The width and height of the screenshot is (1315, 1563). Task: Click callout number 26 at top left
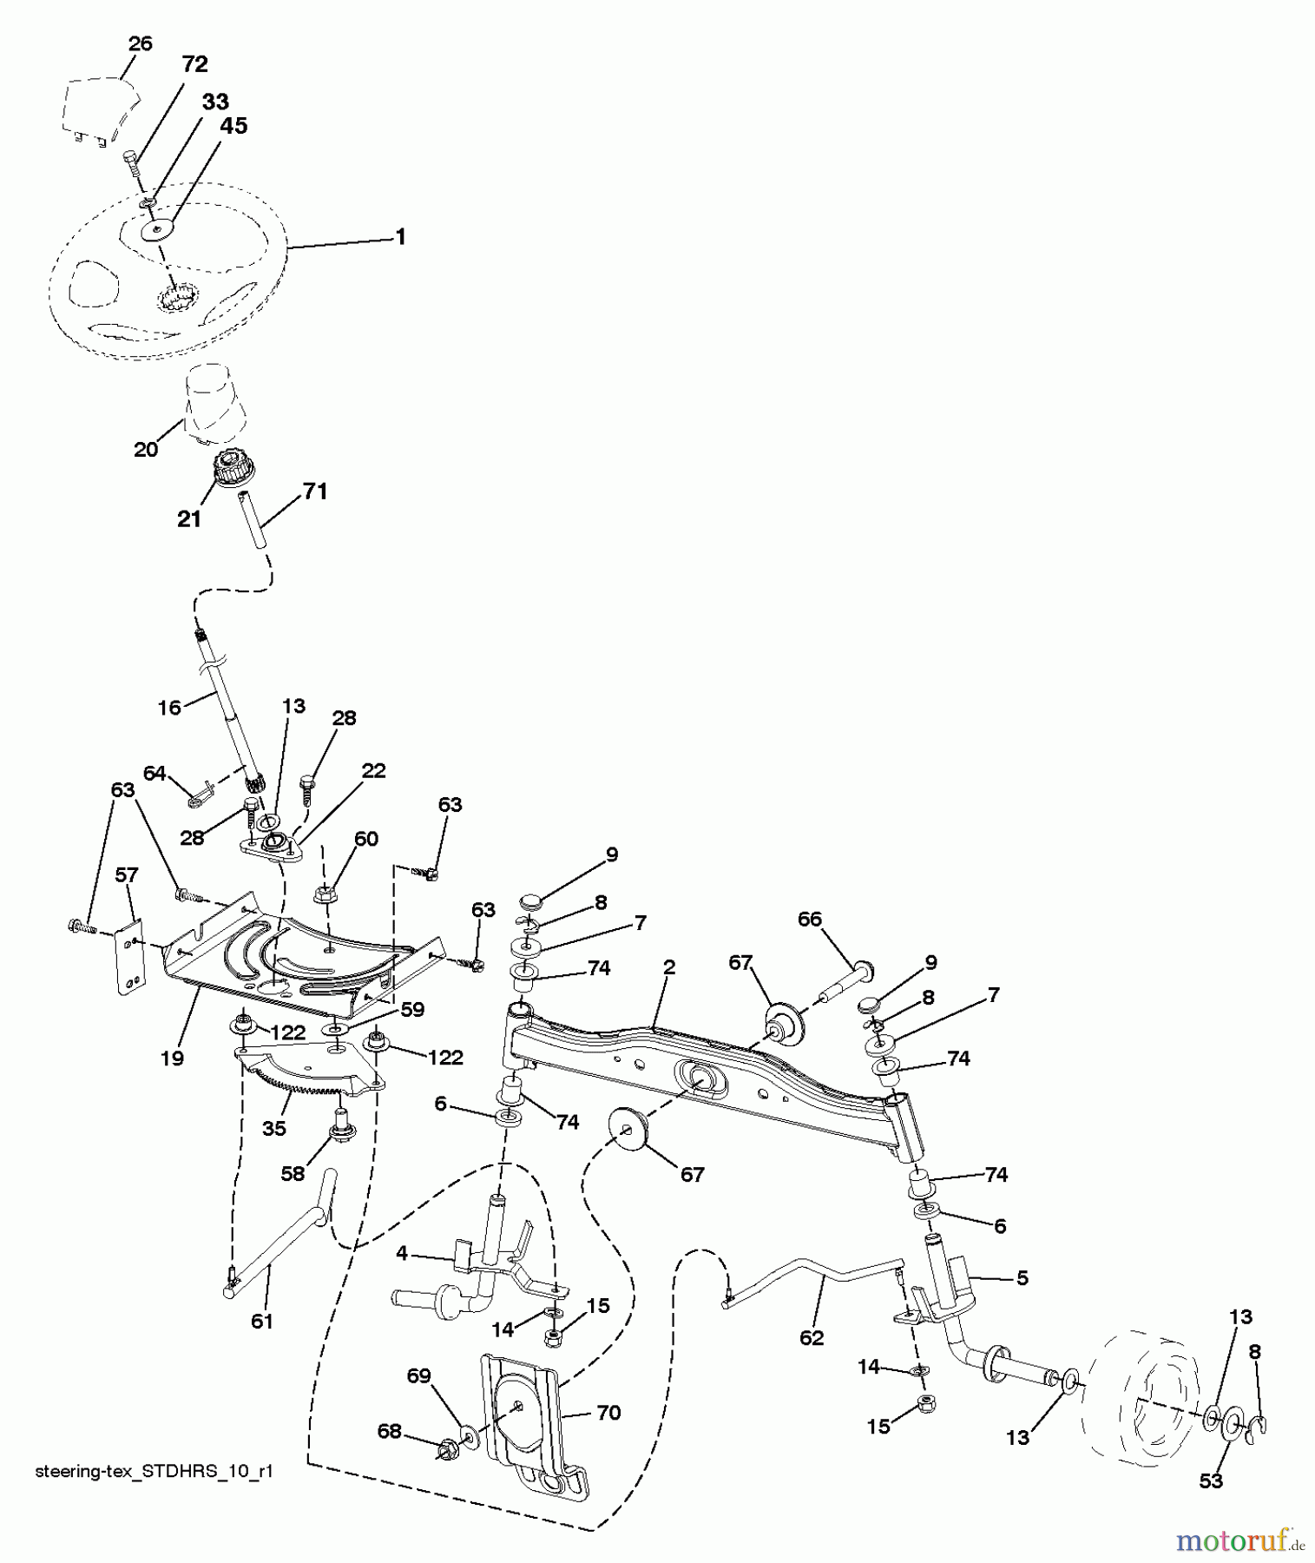[x=139, y=44]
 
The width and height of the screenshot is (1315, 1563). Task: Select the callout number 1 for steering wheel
[x=400, y=237]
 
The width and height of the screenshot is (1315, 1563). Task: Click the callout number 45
[x=233, y=126]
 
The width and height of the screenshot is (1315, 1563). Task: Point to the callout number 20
[x=146, y=449]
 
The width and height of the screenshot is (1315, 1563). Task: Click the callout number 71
[x=315, y=491]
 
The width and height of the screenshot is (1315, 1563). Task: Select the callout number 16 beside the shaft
[x=169, y=708]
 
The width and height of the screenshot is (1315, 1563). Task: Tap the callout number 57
[x=127, y=874]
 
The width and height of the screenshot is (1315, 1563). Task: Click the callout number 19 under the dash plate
[x=172, y=1058]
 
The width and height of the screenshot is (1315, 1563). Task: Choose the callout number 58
[x=293, y=1174]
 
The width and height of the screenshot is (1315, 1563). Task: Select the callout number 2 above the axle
[x=669, y=967]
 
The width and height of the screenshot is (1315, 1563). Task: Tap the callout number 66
[x=809, y=919]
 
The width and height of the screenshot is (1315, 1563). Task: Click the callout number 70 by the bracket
[x=608, y=1413]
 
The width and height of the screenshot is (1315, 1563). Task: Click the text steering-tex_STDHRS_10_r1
[x=155, y=1472]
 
